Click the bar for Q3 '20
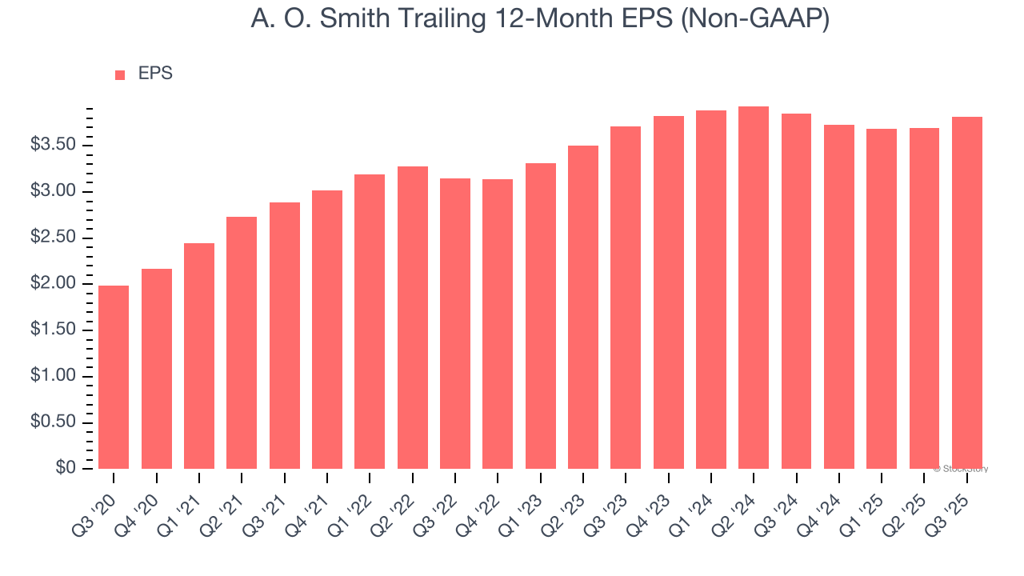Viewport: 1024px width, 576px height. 114,377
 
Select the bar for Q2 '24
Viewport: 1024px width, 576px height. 754,288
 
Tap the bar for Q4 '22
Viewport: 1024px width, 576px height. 498,324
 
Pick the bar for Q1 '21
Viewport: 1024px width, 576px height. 199,356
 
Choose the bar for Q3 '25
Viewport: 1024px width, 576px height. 967,293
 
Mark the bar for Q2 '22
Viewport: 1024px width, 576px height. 412,318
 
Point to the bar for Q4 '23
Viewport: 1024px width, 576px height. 668,292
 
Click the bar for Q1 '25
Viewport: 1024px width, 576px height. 882,298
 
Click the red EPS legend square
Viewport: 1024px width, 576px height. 120,74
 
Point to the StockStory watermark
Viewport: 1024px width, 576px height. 961,469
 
